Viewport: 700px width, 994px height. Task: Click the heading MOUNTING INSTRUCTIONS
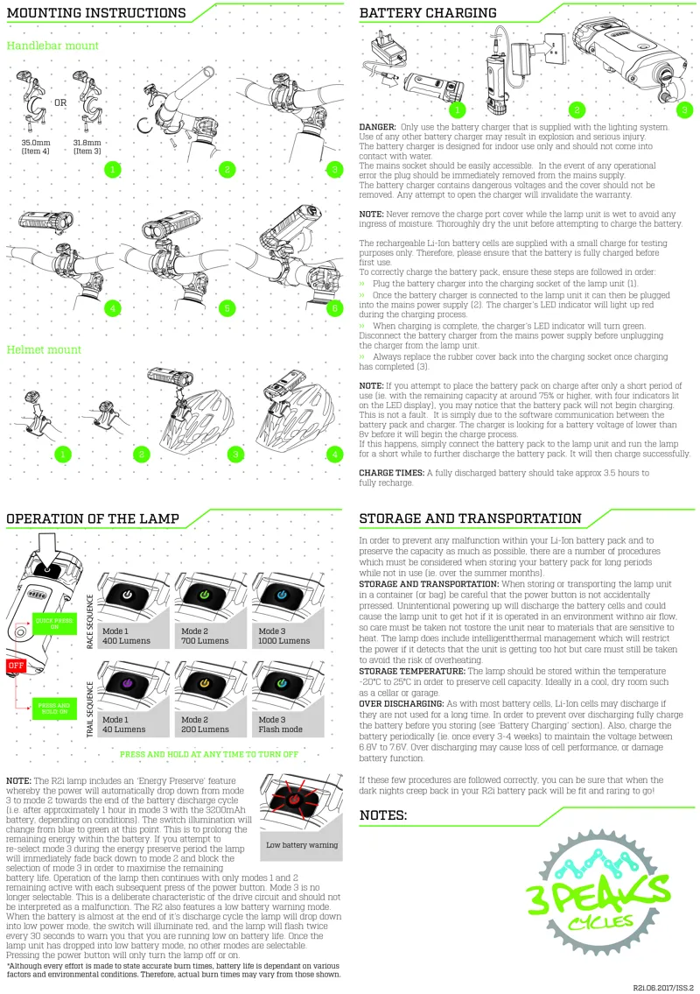coord(96,13)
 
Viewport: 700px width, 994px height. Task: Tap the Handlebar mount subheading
coord(52,46)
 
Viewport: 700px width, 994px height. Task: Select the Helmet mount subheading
coord(44,349)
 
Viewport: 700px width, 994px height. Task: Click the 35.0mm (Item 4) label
coord(37,146)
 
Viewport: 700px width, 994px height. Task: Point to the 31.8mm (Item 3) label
coord(87,146)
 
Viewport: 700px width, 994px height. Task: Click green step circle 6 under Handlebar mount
coord(332,308)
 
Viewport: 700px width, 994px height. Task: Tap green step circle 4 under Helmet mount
coord(333,455)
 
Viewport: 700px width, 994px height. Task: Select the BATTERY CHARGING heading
coord(428,13)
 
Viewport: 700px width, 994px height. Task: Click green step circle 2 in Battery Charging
coord(576,109)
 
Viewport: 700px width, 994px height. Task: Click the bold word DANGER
coord(377,127)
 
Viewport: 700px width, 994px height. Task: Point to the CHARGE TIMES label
coord(390,473)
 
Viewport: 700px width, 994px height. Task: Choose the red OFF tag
coord(15,666)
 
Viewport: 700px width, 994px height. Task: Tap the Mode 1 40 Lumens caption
coord(122,724)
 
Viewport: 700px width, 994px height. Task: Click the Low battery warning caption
coord(302,845)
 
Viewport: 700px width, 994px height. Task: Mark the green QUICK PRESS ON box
coord(47,624)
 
